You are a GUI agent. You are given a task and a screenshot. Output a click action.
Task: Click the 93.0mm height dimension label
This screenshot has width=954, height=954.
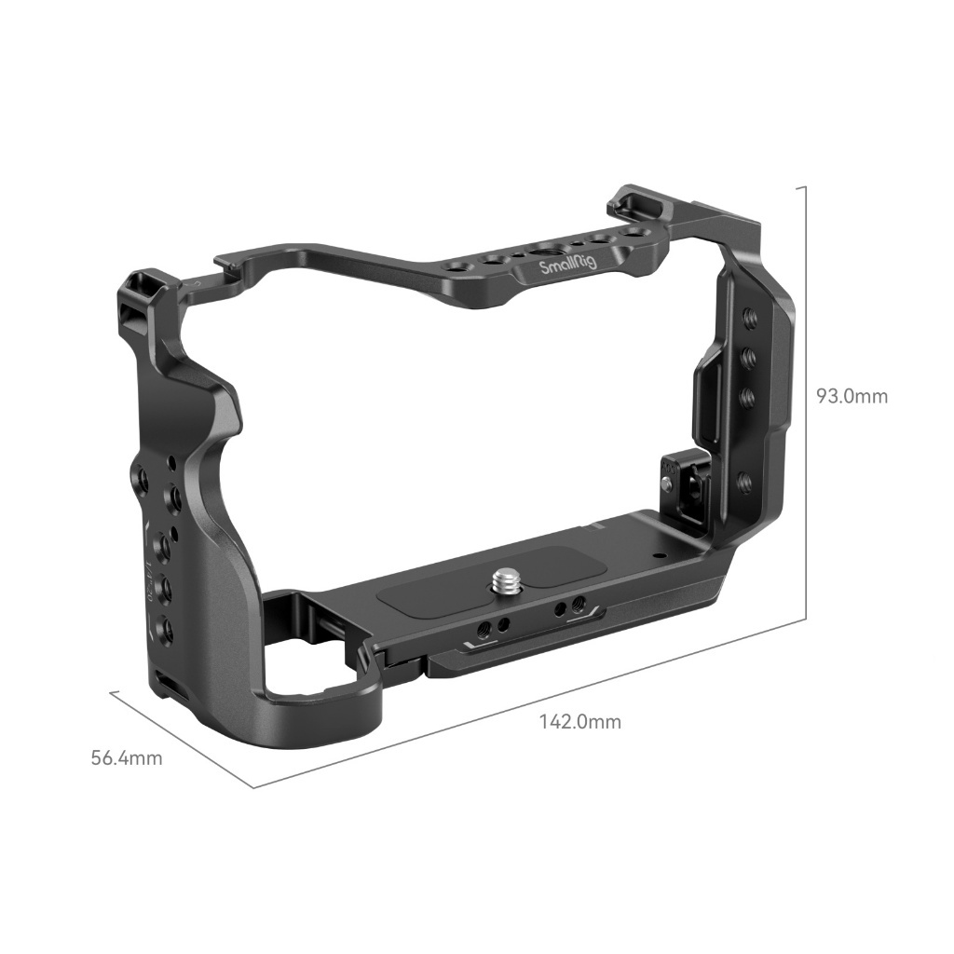pyautogui.click(x=852, y=396)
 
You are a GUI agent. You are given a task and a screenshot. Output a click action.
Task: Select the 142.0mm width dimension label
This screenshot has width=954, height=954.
pyautogui.click(x=579, y=721)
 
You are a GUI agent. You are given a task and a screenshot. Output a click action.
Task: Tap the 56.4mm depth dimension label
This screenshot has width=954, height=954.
pyautogui.click(x=126, y=757)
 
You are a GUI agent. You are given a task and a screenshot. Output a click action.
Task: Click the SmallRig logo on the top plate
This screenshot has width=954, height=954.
pyautogui.click(x=569, y=266)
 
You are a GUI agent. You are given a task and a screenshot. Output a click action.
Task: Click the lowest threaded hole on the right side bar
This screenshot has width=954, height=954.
pyautogui.click(x=744, y=482)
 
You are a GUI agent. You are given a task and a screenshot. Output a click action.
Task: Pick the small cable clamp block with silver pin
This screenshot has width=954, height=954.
pyautogui.click(x=671, y=475)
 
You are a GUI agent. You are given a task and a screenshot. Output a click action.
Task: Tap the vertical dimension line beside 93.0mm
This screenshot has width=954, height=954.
pyautogui.click(x=803, y=401)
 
